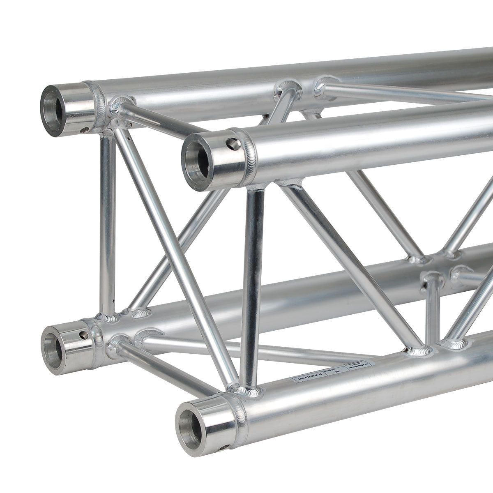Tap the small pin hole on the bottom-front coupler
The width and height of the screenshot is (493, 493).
tap(224, 447)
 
